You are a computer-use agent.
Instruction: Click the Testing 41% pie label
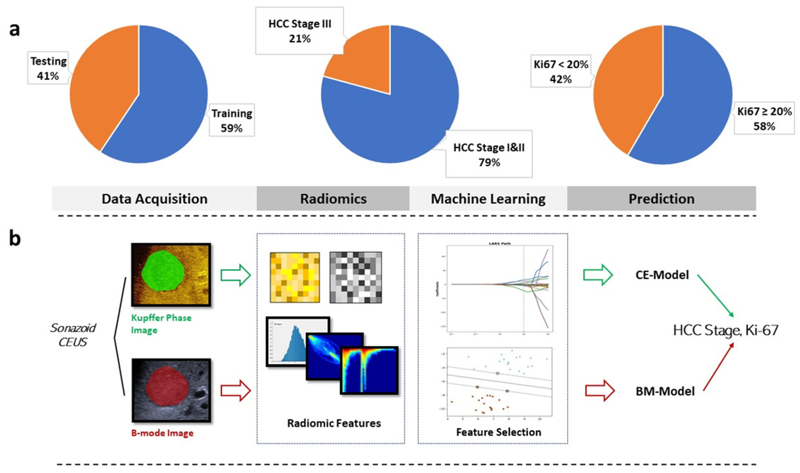click(48, 68)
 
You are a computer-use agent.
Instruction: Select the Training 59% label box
click(231, 120)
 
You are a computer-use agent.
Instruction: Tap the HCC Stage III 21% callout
click(299, 31)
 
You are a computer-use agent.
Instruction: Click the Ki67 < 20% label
click(561, 71)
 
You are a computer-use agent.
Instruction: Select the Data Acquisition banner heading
click(154, 199)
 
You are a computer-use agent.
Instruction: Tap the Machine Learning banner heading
click(488, 199)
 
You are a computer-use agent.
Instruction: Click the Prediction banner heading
click(661, 199)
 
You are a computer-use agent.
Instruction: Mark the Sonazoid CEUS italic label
click(73, 335)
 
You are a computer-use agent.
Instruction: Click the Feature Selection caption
click(498, 432)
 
